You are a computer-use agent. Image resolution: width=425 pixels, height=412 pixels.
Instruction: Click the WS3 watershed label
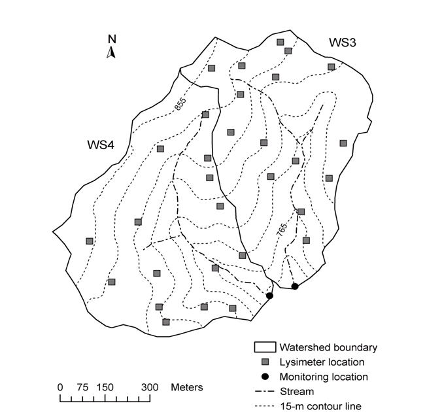(x=343, y=43)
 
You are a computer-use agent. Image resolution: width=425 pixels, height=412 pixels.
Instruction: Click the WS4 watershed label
(x=101, y=145)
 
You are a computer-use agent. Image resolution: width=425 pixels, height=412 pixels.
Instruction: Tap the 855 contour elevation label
(x=180, y=104)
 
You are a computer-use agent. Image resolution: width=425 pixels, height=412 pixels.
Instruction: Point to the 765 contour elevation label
(x=282, y=230)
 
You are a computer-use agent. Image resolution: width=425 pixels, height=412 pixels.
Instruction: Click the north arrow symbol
(x=111, y=52)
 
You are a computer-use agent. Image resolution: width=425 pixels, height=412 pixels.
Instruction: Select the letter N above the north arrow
(x=112, y=39)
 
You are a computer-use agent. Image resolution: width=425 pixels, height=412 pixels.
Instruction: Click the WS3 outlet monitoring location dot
(x=295, y=286)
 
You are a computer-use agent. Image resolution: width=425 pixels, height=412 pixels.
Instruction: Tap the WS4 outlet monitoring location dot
(x=269, y=296)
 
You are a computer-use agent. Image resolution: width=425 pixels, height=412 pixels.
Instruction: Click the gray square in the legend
(x=265, y=362)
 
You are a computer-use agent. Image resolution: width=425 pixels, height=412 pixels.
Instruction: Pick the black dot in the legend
(x=265, y=377)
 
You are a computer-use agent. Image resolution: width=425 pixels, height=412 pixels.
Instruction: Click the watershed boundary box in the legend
(x=265, y=347)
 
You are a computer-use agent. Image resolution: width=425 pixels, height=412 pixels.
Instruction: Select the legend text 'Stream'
(x=297, y=391)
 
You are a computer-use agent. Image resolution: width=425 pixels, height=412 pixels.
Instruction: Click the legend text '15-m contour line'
(x=320, y=406)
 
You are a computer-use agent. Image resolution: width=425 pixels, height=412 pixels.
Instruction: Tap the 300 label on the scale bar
(x=150, y=387)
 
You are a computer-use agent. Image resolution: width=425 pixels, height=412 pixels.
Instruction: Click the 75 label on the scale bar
(x=82, y=387)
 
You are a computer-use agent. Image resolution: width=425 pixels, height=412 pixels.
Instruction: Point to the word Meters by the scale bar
(x=187, y=387)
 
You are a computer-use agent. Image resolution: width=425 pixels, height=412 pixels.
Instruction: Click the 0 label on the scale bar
(x=60, y=387)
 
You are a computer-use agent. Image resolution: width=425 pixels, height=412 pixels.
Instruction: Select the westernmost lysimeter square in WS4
(x=90, y=241)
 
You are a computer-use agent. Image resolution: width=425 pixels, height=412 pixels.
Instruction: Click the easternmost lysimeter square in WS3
(x=343, y=143)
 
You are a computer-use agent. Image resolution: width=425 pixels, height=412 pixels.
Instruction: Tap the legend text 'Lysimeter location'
(x=322, y=362)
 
